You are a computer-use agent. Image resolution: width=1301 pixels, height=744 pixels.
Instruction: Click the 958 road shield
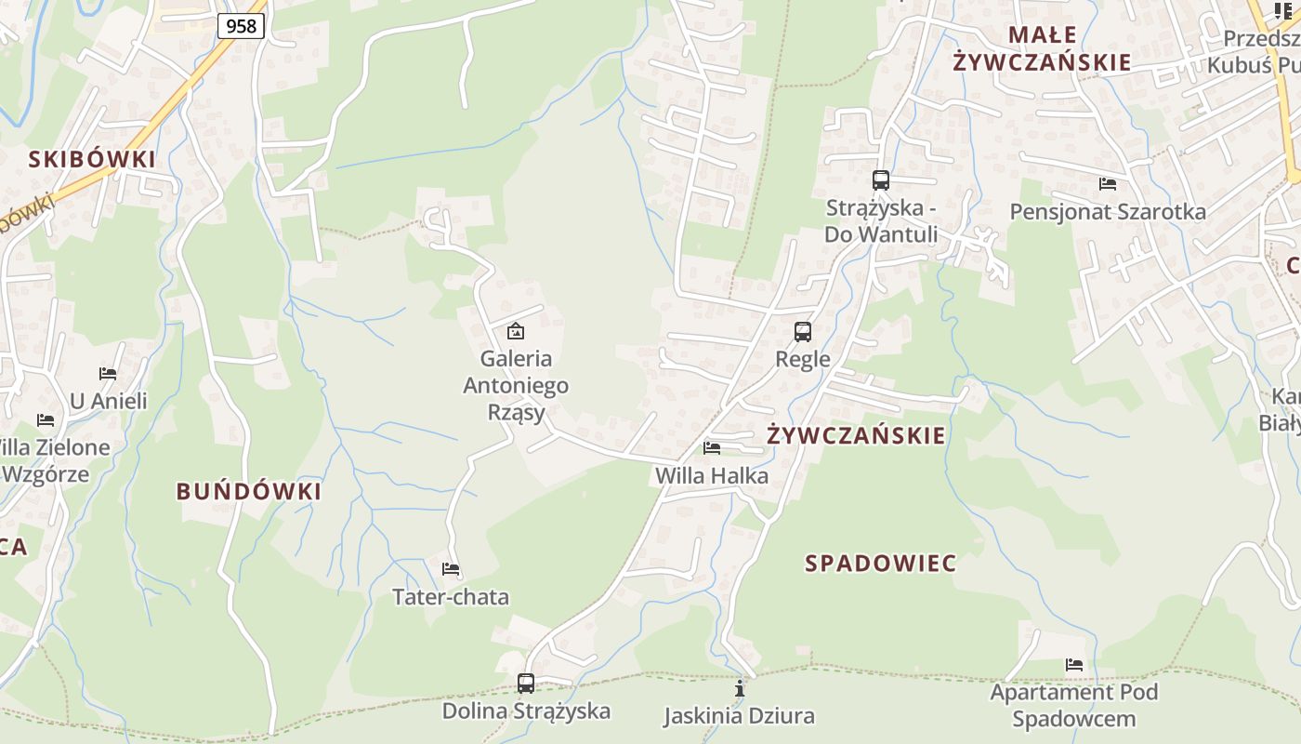(x=241, y=26)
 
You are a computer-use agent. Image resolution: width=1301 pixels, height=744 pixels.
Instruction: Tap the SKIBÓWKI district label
(x=92, y=159)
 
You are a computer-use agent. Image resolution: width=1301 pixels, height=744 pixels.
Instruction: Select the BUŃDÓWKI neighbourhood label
(x=249, y=491)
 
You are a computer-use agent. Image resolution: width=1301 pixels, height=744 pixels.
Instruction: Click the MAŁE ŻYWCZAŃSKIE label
(x=1042, y=49)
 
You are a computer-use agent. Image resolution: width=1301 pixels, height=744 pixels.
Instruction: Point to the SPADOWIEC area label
(x=881, y=563)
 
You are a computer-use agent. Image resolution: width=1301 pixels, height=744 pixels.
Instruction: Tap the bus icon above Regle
(x=803, y=332)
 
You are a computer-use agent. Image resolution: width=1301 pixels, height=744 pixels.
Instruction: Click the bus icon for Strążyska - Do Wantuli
(x=881, y=180)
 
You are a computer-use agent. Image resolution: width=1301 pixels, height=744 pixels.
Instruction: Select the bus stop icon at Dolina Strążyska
(x=526, y=684)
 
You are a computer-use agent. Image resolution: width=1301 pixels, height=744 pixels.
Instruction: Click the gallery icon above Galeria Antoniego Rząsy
(x=516, y=331)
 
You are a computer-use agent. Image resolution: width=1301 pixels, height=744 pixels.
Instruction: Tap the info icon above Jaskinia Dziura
(x=740, y=688)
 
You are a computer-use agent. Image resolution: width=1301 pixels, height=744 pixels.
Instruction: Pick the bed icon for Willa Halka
(x=712, y=448)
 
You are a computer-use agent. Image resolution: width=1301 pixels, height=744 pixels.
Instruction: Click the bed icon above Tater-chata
(x=451, y=569)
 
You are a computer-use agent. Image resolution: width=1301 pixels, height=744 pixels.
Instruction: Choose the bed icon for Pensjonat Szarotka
(x=1108, y=184)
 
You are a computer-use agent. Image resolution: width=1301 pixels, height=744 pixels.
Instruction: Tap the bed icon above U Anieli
(x=108, y=374)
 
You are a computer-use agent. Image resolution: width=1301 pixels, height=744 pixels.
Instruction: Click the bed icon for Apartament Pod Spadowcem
(x=1074, y=665)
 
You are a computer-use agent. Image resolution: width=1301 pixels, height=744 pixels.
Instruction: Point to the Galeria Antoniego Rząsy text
(x=516, y=385)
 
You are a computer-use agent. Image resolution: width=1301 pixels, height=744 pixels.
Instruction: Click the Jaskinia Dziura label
(x=739, y=716)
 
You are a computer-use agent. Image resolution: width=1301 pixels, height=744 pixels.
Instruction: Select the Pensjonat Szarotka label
(x=1108, y=212)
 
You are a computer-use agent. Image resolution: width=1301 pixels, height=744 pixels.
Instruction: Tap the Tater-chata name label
(x=451, y=597)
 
